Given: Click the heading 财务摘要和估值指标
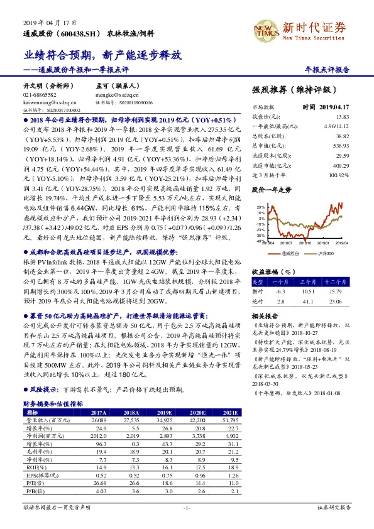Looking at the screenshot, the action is coord(53,403).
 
